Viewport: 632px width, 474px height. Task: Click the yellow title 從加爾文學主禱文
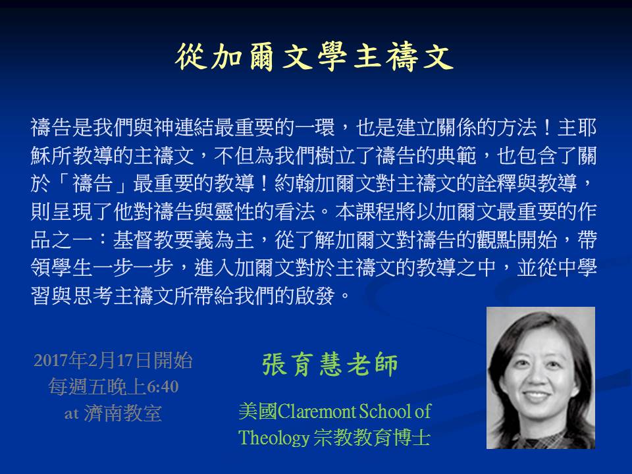315,57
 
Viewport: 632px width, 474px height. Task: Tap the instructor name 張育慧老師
330,364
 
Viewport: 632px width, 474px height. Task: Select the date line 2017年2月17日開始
113,360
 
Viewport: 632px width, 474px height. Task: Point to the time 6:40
163,387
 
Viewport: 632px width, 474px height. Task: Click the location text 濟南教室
123,413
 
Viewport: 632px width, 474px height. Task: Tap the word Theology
273,438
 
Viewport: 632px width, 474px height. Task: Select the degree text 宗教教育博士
372,438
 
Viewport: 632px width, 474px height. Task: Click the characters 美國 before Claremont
258,411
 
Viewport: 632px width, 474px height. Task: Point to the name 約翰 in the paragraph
295,184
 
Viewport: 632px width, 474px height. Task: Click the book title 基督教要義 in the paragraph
163,240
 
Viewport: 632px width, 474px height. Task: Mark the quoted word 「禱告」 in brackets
92,184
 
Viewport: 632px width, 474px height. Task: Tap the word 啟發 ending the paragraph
315,296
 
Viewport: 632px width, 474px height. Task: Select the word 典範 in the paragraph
456,155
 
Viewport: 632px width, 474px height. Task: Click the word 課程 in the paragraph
376,211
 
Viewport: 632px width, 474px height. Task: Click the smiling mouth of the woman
537,396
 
